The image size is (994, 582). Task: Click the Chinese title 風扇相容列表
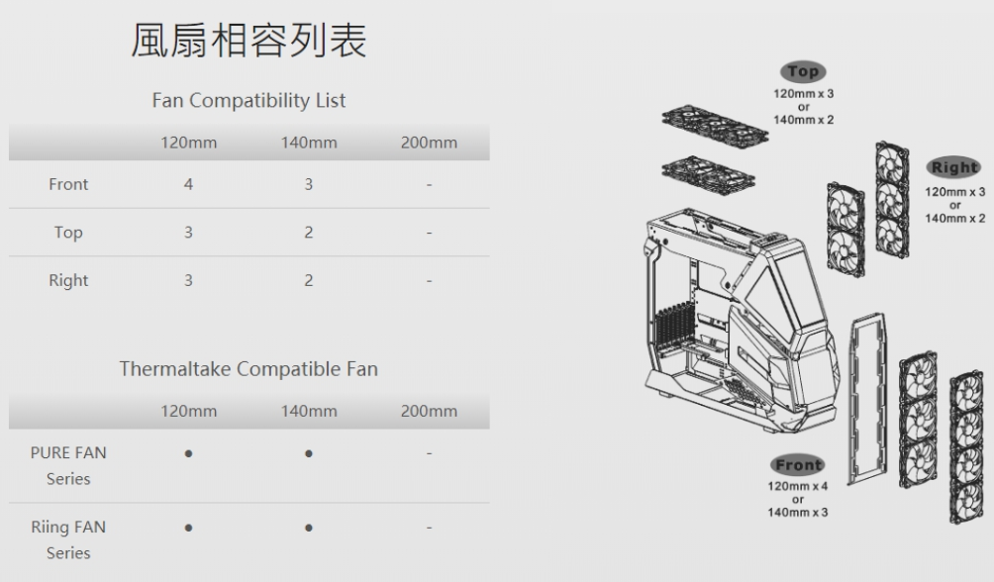[x=248, y=41]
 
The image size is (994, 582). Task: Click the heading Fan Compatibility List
[x=248, y=101]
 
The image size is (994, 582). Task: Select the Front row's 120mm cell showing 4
[x=188, y=184]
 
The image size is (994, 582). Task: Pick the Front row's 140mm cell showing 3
[x=309, y=184]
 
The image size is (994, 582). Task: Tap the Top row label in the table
[x=68, y=233]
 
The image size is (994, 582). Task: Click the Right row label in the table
[x=68, y=281]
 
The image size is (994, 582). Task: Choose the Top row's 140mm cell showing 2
[x=309, y=233]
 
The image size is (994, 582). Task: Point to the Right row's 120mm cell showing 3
[x=188, y=281]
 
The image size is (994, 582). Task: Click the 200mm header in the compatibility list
[x=429, y=143]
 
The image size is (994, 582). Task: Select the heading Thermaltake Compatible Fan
[x=248, y=369]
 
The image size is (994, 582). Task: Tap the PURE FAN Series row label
[x=68, y=465]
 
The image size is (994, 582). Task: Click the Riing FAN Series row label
[x=68, y=539]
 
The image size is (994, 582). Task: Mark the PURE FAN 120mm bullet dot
[x=188, y=453]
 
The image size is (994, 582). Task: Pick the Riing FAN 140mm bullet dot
[x=309, y=528]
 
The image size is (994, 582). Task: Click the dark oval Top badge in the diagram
[x=803, y=71]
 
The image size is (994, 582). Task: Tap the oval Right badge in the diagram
[x=953, y=168]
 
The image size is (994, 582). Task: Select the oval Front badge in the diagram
[x=798, y=465]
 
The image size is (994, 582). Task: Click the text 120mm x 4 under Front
[x=798, y=486]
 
